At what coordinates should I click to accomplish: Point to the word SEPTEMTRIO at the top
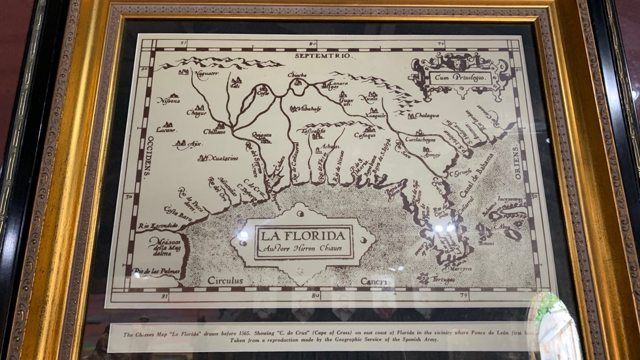(322, 57)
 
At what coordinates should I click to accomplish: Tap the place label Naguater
(205, 74)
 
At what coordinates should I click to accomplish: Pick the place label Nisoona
(168, 101)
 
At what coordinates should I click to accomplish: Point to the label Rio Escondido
(158, 226)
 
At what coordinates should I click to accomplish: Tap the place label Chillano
(214, 133)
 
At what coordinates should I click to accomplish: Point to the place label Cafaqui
(365, 135)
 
